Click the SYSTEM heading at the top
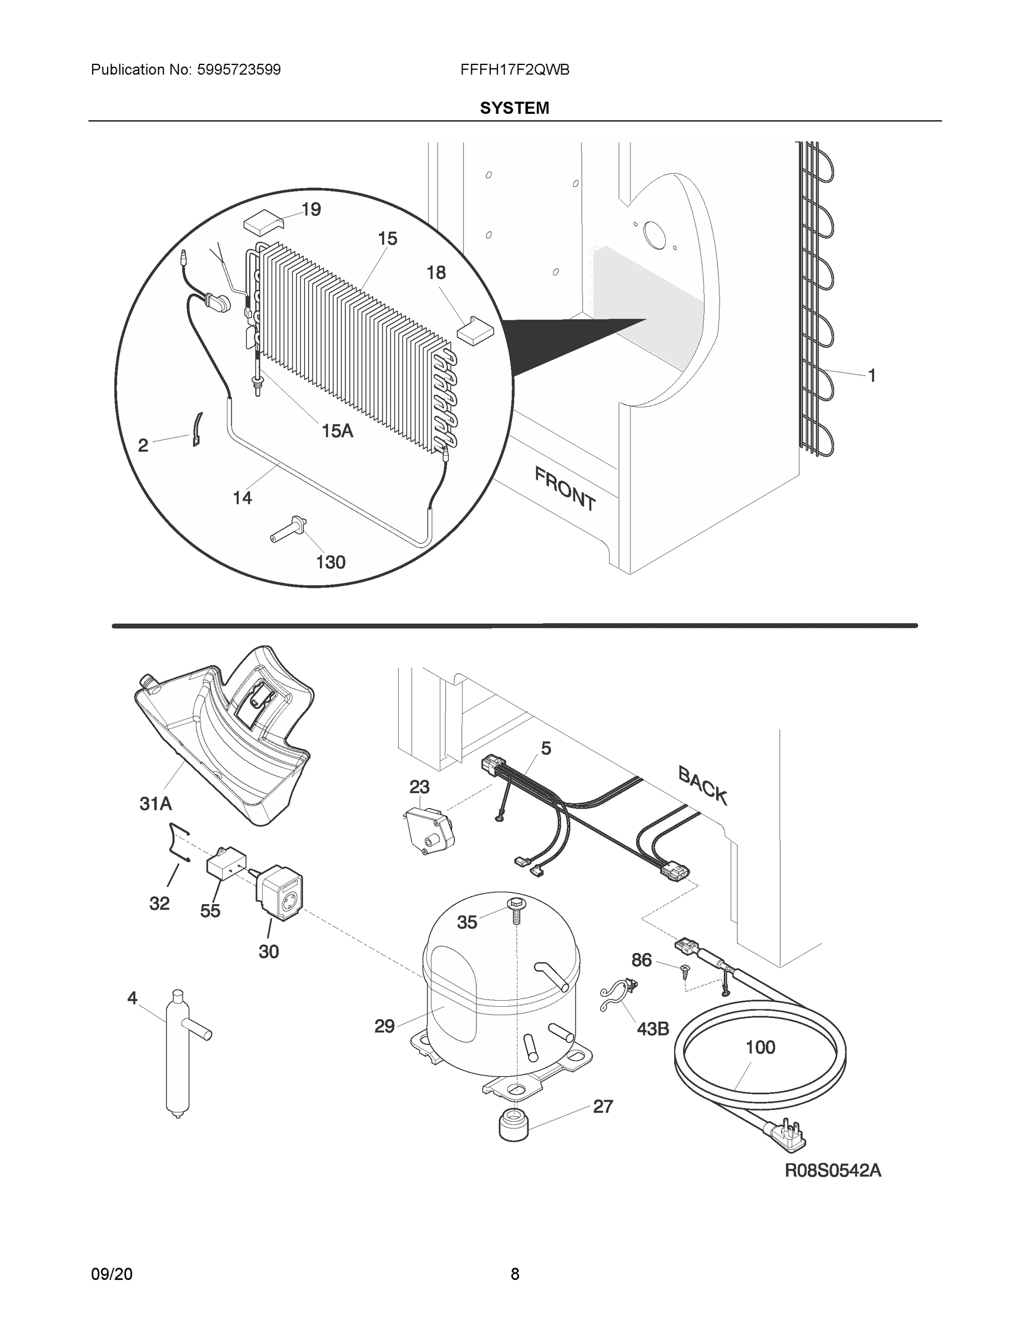tap(514, 108)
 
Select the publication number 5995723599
tap(239, 70)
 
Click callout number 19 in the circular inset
tap(311, 210)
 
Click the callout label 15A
tap(337, 431)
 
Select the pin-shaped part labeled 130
tap(288, 529)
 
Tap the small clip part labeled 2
tap(197, 430)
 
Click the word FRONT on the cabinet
tap(565, 488)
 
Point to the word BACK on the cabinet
tap(702, 785)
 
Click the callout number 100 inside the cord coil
tap(760, 1047)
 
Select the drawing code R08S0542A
tap(833, 1170)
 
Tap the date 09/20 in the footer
tap(112, 1274)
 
